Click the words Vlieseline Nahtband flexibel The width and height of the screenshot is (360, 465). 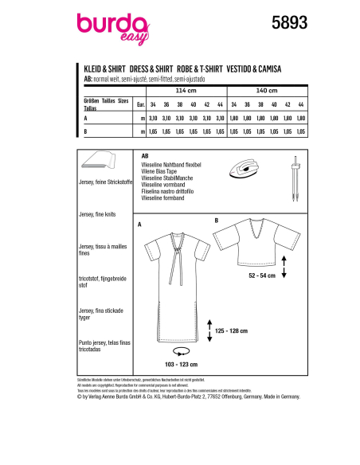170,162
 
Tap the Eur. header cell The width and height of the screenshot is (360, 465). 140,104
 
